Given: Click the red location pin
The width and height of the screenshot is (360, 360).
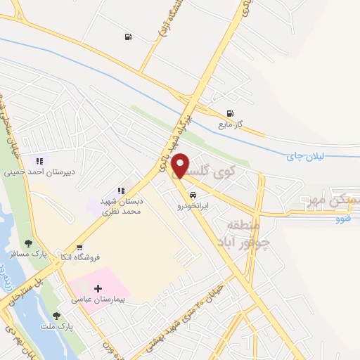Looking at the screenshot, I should tap(181, 165).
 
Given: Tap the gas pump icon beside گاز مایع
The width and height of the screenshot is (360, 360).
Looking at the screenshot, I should tap(230, 114).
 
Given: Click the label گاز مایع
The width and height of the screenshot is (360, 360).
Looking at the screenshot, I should tap(229, 124).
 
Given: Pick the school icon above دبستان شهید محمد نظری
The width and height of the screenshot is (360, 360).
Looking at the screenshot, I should tap(122, 190).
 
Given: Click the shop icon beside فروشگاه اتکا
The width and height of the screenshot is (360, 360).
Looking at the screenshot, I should tap(80, 247).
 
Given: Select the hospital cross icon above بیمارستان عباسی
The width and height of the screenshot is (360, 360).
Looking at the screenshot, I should tap(98, 288).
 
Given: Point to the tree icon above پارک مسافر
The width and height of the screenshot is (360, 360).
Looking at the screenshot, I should tap(29, 243).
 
